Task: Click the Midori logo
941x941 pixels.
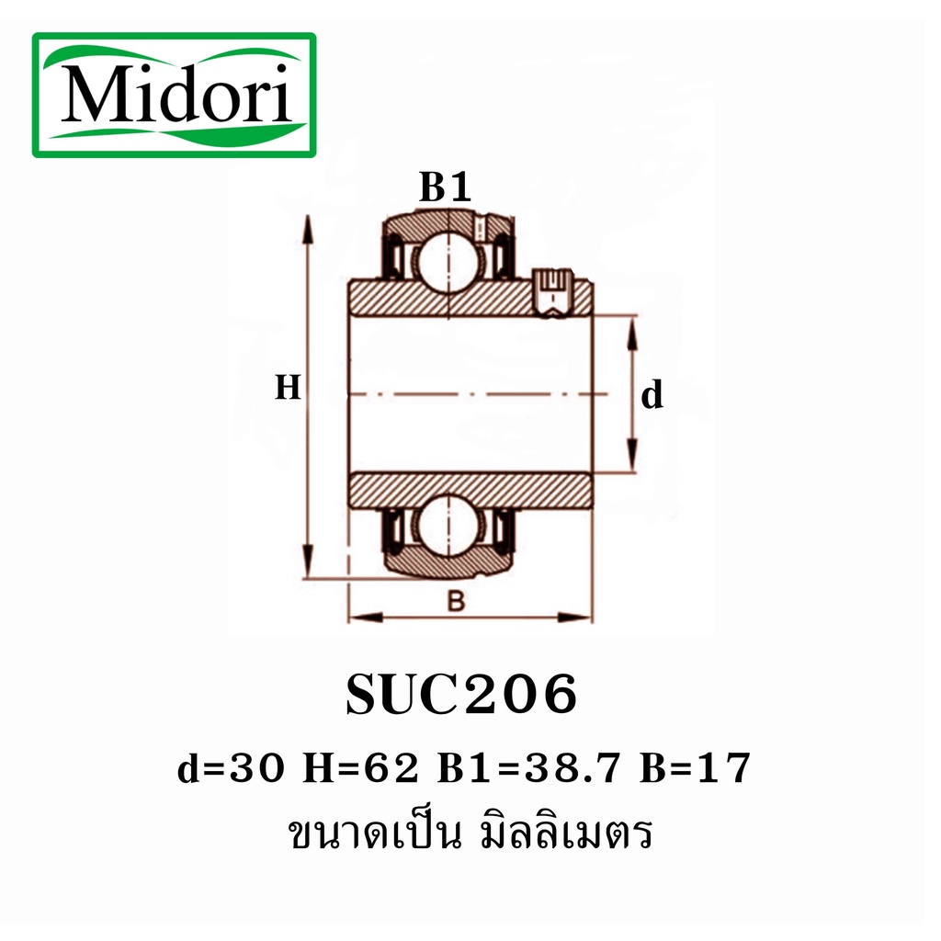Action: (x=175, y=95)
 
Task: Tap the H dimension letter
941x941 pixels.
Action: (x=288, y=389)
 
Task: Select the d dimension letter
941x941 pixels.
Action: (x=652, y=396)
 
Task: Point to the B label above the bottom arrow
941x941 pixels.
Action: (x=456, y=602)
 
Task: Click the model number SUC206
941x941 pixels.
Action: (x=461, y=696)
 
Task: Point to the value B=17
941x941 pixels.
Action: (x=697, y=768)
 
